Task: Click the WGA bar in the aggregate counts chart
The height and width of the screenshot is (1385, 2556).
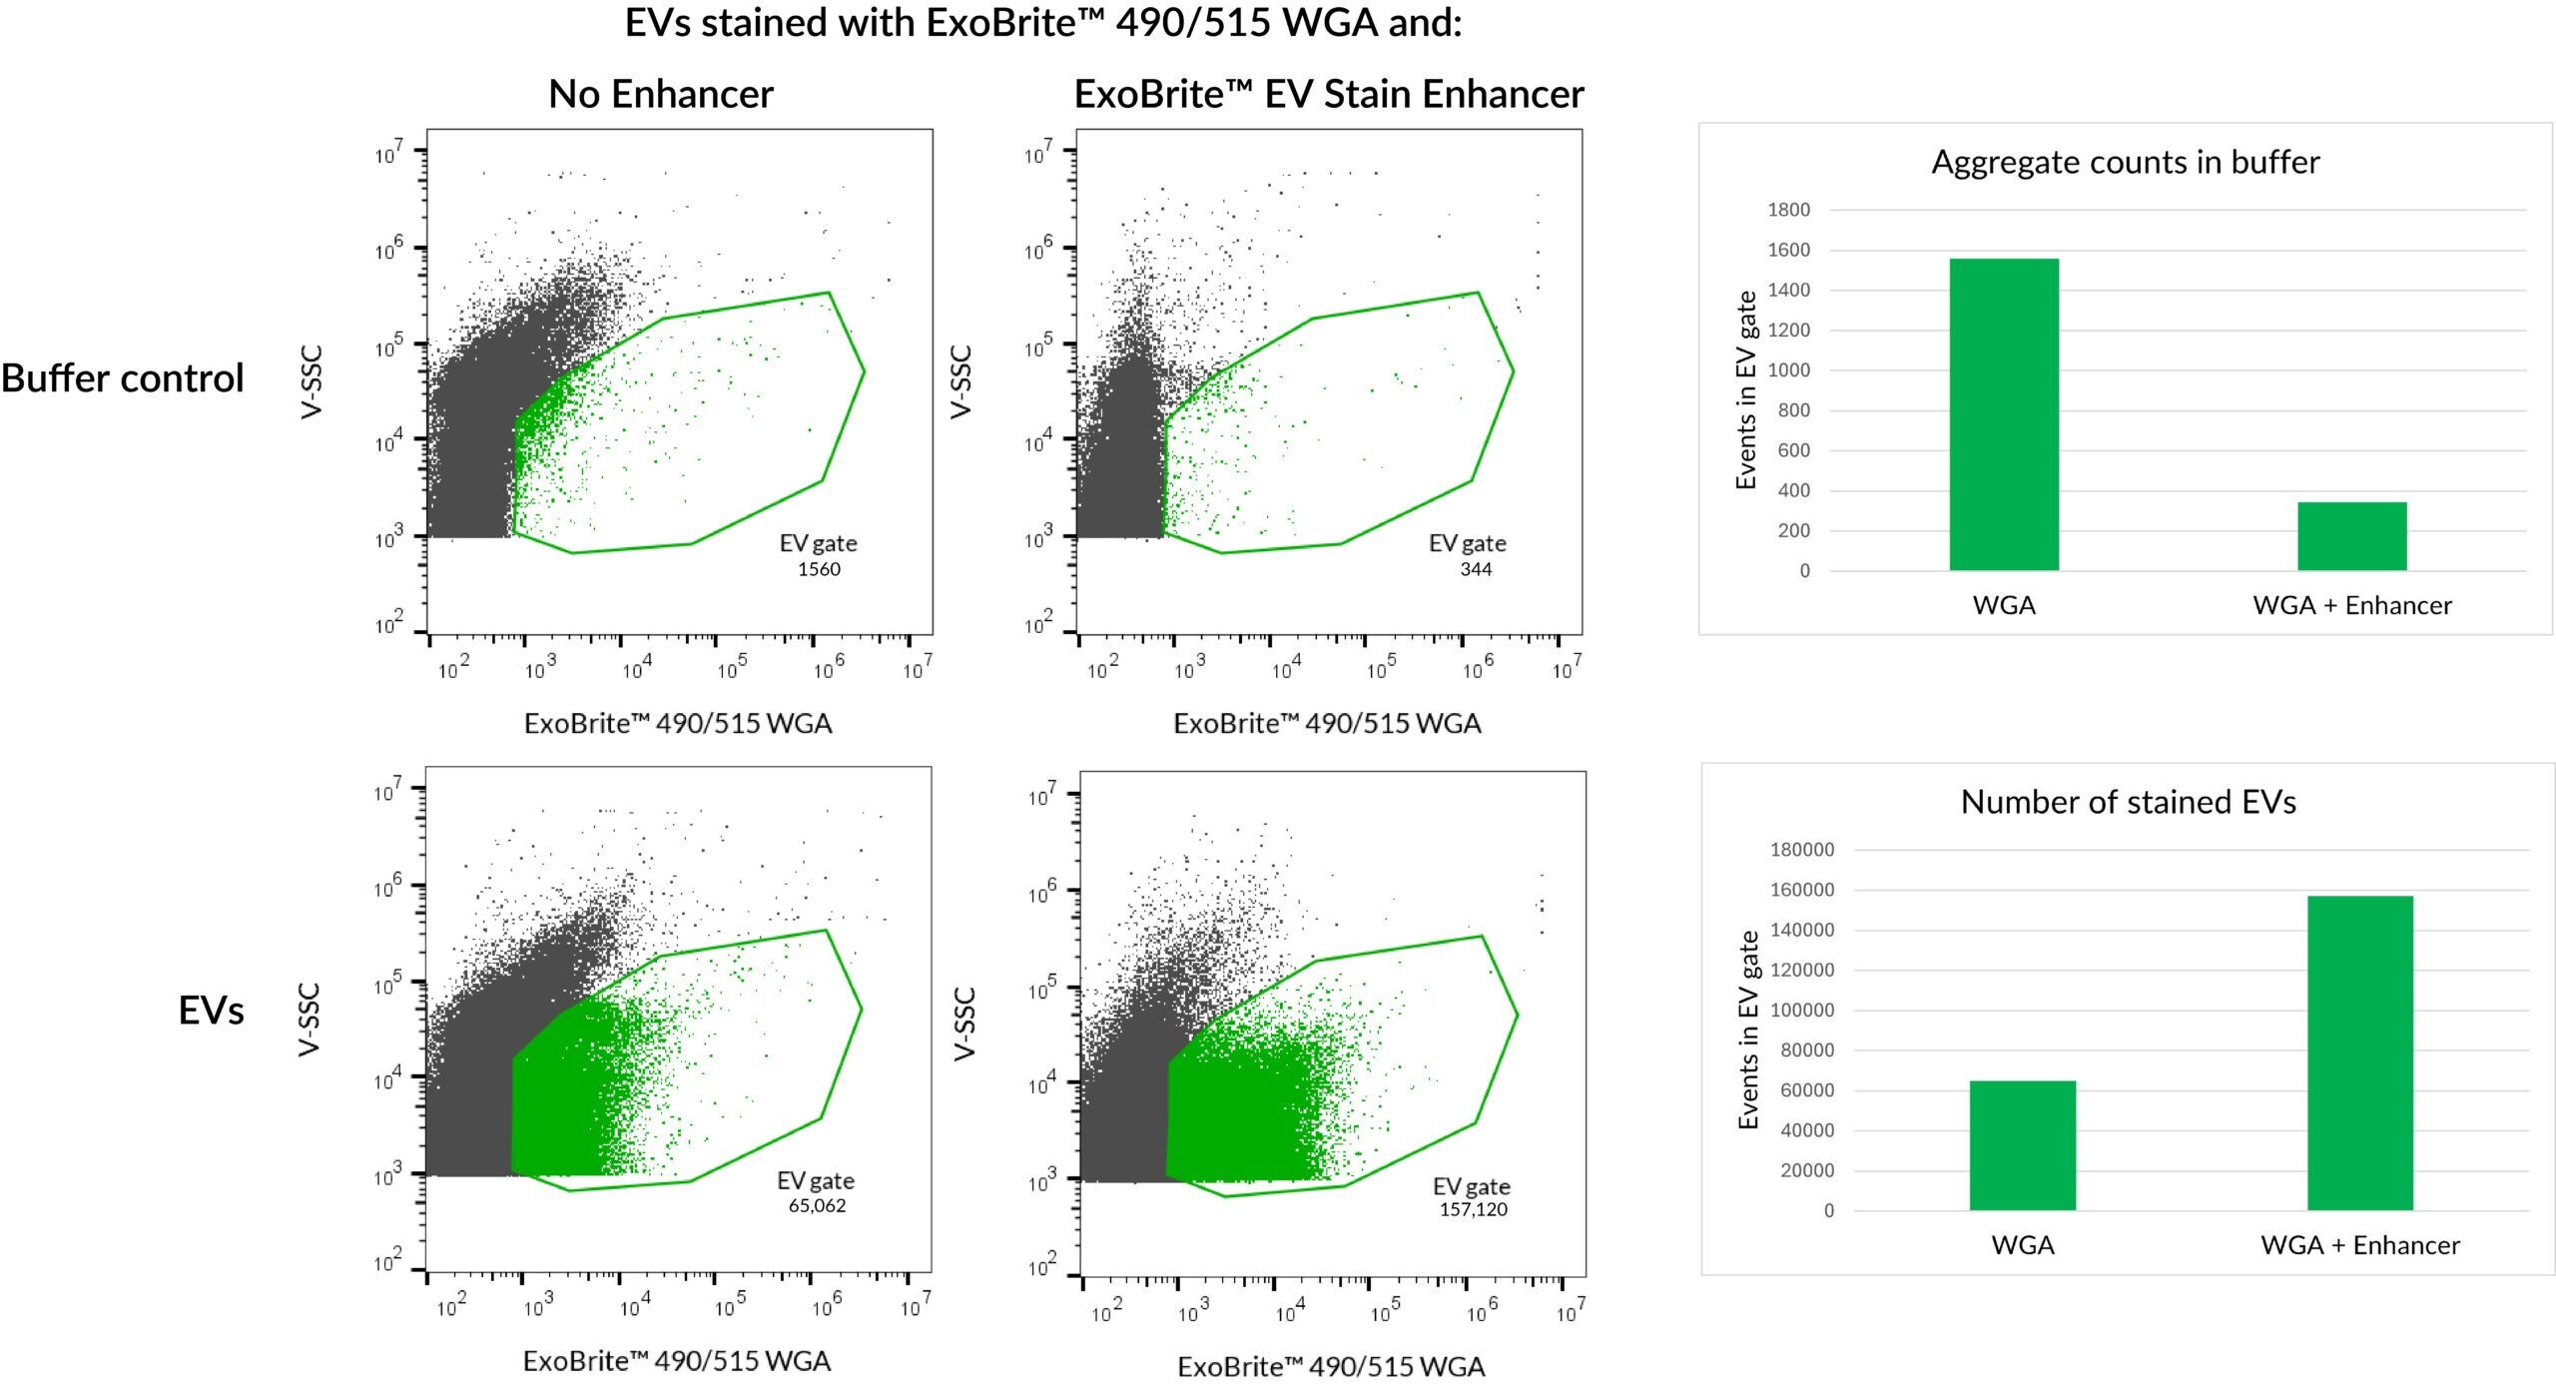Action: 2003,414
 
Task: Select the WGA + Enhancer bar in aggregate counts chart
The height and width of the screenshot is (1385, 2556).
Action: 2351,536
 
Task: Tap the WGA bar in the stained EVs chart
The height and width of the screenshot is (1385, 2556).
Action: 2022,1145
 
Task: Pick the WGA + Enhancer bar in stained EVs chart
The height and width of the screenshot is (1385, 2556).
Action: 2359,1052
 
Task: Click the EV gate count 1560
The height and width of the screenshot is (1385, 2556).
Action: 819,569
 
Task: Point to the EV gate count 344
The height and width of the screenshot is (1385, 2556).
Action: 1475,569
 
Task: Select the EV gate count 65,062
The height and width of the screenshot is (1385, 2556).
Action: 817,1205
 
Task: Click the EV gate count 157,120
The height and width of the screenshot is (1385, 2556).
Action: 1473,1209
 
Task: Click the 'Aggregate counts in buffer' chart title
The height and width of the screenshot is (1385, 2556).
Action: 2125,162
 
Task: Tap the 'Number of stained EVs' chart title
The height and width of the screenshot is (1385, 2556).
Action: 2128,802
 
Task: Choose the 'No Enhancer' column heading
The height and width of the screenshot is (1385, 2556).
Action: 661,94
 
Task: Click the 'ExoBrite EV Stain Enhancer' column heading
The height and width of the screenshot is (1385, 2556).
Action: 1328,94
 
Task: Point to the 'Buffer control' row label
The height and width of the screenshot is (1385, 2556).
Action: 122,378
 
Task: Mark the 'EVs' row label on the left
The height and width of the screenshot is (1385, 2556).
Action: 211,1011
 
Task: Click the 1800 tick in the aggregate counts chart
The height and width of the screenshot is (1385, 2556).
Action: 1788,210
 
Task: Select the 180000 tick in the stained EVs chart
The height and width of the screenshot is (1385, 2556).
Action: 1801,850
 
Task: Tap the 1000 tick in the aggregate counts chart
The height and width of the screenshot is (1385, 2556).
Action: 1788,370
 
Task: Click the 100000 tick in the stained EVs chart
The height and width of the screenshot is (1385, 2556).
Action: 1801,1010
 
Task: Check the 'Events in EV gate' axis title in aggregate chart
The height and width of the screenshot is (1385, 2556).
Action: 1745,389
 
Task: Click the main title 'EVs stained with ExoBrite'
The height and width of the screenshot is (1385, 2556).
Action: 1042,23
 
